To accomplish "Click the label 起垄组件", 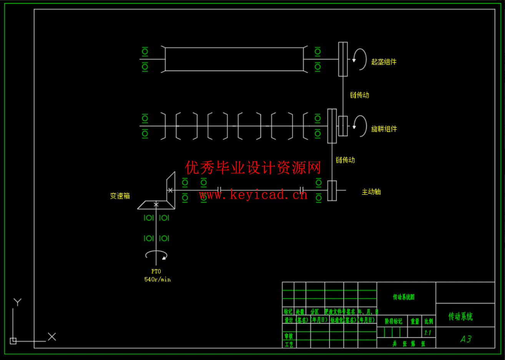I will (384, 62).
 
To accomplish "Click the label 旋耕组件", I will (384, 129).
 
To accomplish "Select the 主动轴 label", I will (371, 192).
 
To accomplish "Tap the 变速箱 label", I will (120, 196).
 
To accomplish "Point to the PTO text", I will (156, 271).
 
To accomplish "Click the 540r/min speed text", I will (157, 279).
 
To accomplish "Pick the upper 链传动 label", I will (359, 95).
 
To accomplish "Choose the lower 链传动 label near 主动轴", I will (345, 160).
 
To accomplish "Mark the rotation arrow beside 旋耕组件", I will (360, 126).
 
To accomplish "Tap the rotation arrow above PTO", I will (156, 255).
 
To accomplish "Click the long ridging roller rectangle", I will (234, 59).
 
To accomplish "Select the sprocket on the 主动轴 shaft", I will (332, 191).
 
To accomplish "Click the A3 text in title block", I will (466, 339).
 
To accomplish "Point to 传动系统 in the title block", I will (460, 317).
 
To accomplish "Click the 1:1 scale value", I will (427, 333).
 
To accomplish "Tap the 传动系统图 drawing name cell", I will (404, 297).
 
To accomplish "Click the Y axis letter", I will (17, 302).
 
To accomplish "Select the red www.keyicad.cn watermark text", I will (253, 195).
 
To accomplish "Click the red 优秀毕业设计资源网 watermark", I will (253, 168).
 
